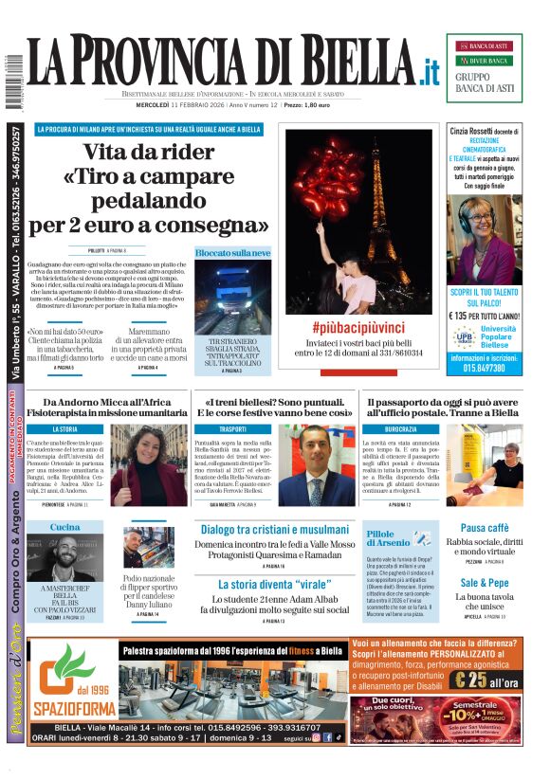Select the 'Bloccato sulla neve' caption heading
(x=232, y=253)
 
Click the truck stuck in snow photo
(x=232, y=298)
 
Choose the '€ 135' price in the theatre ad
(x=465, y=316)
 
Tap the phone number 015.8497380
(x=484, y=368)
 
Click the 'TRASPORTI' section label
(x=232, y=428)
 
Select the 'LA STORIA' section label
(x=65, y=428)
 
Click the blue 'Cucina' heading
(x=65, y=527)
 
